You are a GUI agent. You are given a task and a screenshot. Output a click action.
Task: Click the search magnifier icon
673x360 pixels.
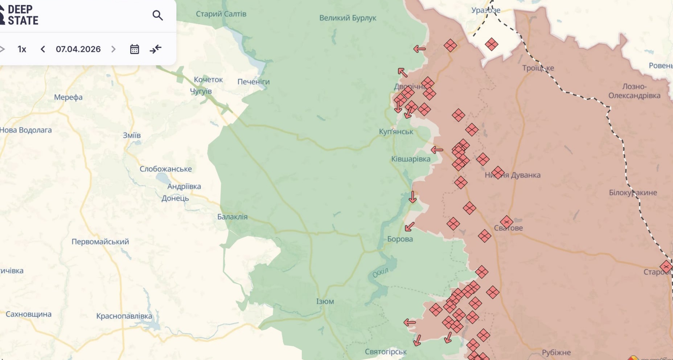(157, 15)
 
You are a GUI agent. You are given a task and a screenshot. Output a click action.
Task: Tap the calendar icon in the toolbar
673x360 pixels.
(135, 49)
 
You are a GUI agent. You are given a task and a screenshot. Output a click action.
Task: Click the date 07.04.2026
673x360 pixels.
(78, 49)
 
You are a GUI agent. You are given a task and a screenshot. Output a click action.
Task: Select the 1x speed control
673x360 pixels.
(22, 49)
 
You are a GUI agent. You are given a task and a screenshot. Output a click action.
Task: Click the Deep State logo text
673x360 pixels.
(22, 15)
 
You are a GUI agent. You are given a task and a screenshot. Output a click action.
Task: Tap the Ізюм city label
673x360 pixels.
(325, 301)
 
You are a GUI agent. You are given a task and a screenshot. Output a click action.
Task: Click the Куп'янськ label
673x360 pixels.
(396, 131)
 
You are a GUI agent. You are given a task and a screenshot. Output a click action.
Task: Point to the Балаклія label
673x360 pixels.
(232, 217)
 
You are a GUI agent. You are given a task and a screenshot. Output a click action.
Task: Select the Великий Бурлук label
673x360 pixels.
(348, 18)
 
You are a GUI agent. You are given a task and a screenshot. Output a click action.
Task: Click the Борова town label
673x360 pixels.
(400, 239)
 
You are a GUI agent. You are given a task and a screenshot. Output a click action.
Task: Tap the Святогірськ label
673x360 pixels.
(386, 351)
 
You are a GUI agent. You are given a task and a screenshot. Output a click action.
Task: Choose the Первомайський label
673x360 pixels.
(100, 241)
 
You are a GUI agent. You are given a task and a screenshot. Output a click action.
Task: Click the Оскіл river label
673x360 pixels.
(380, 273)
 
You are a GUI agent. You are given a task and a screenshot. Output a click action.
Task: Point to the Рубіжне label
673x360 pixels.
(556, 352)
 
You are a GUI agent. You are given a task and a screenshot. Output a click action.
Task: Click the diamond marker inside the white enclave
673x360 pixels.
(491, 44)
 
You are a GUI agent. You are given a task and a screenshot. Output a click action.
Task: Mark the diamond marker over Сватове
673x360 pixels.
(506, 222)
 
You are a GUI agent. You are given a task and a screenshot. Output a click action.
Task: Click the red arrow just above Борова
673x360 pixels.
(410, 227)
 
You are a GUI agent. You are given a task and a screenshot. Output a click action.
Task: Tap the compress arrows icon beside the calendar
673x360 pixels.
(156, 49)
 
